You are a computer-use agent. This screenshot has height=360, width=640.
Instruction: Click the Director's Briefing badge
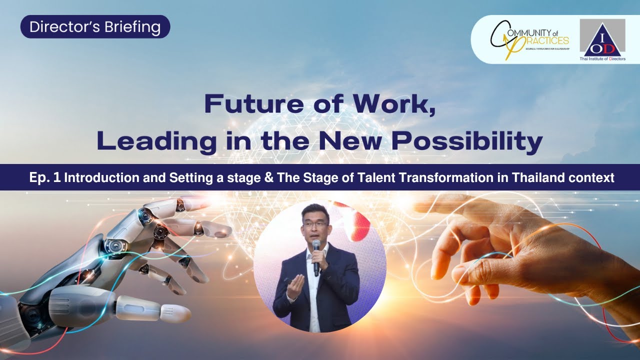(x=95, y=27)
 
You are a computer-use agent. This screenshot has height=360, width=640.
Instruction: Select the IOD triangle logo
(x=602, y=38)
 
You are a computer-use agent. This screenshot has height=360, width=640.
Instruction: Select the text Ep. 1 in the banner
(x=45, y=177)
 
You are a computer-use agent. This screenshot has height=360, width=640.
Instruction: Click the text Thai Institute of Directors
(x=602, y=58)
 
